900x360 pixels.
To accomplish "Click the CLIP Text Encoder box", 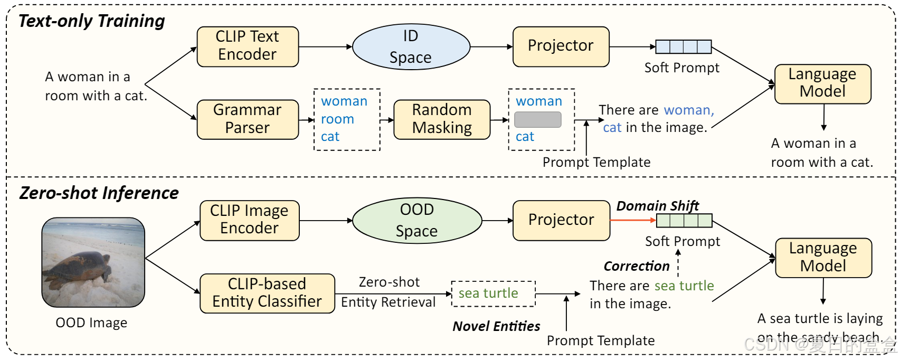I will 248,46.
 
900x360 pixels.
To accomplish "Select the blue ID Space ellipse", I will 411,46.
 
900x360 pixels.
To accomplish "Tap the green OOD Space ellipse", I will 416,220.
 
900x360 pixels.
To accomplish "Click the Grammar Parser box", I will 248,119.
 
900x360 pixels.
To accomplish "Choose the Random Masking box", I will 442,119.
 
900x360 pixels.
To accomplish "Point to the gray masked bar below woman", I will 537,119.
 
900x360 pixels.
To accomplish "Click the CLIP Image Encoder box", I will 249,220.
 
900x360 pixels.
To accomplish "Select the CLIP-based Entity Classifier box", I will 267,293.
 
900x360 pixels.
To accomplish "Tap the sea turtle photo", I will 93,262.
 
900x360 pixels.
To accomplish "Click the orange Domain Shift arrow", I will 632,220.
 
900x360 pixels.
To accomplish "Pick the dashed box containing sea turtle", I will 493,293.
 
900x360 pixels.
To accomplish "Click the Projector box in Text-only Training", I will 561,46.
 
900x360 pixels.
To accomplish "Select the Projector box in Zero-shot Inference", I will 561,220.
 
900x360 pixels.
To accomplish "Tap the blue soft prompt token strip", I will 683,46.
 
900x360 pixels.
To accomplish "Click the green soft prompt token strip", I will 684,220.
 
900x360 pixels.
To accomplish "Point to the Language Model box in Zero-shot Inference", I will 823,258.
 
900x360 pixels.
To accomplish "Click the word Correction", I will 636,266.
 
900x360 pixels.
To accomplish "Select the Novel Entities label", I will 496,326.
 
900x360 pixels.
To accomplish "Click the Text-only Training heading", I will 92,21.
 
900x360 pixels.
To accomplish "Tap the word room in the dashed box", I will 337,119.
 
